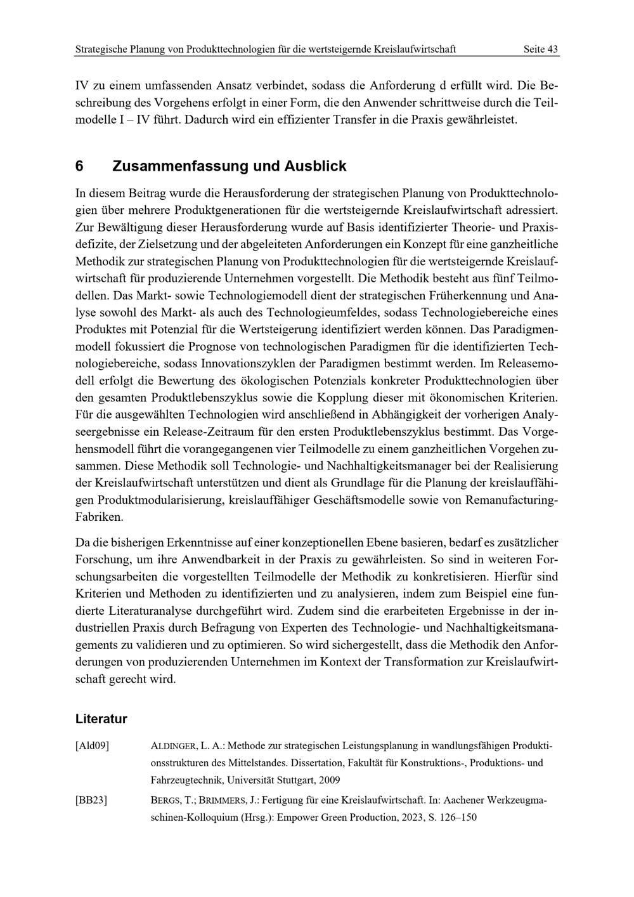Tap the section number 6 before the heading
(79, 166)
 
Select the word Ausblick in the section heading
(315, 166)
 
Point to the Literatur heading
(101, 719)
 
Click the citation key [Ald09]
(92, 746)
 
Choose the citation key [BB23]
(91, 801)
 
